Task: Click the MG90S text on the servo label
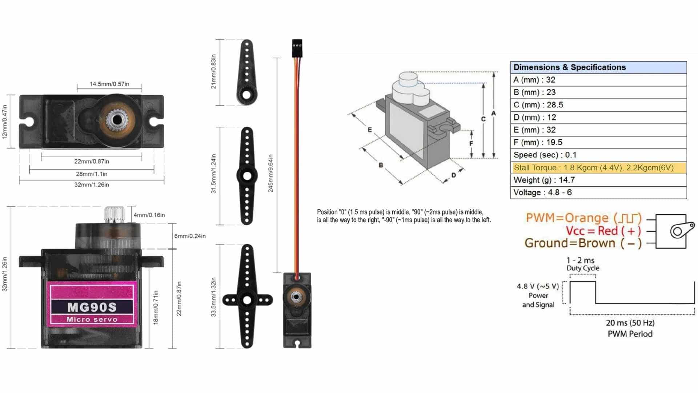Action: click(92, 307)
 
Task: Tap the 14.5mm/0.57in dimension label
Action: click(109, 84)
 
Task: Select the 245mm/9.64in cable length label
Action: click(270, 173)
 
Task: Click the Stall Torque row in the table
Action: click(594, 168)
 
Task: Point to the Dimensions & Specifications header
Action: click(570, 67)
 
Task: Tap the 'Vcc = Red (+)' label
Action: click(603, 231)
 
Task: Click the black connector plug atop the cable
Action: click(297, 48)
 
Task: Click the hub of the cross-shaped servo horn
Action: click(247, 300)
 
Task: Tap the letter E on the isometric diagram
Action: click(370, 130)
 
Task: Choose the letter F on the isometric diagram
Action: click(471, 144)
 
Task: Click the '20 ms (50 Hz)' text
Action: click(630, 323)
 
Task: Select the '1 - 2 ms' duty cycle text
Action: click(581, 261)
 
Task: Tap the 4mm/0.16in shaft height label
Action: click(149, 215)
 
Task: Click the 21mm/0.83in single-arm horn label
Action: click(213, 72)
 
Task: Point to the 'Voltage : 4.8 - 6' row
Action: click(542, 192)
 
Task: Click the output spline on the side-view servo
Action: click(114, 214)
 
